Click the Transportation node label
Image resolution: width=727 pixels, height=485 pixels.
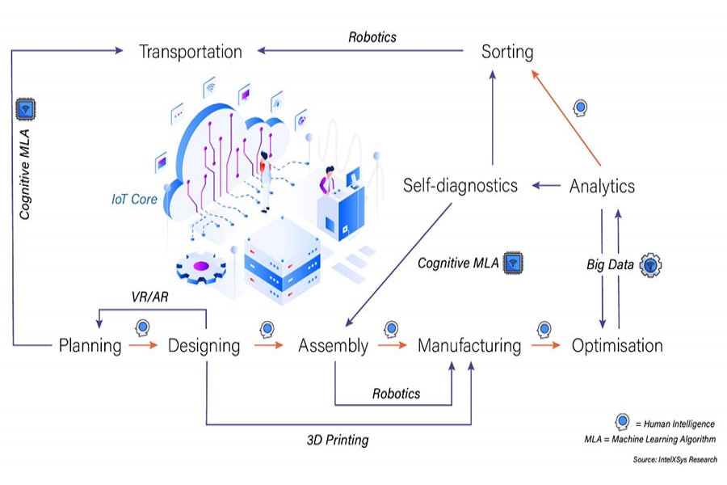[x=190, y=52]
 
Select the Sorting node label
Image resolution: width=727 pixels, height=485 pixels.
[x=507, y=52]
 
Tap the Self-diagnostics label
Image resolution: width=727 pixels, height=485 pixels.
[x=460, y=186]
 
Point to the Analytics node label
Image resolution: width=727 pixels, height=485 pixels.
[x=602, y=186]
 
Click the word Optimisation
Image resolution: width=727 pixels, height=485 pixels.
[x=617, y=346]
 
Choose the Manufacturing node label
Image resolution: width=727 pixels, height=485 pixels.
[x=469, y=346]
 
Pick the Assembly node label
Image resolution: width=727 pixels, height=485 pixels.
[x=333, y=346]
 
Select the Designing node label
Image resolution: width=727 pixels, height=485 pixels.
[x=204, y=346]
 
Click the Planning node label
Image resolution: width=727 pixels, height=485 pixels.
[x=90, y=346]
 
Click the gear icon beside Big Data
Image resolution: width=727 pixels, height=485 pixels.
[x=650, y=264]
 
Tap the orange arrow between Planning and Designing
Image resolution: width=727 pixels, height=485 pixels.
[x=143, y=346]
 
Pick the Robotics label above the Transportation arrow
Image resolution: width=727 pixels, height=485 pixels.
[x=372, y=37]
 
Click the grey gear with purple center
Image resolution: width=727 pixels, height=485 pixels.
[x=200, y=266]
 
